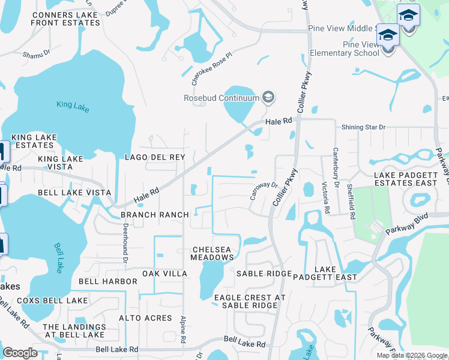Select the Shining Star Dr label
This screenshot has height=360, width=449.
363,127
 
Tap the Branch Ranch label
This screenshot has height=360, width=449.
155,215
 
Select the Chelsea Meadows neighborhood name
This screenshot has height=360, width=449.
212,253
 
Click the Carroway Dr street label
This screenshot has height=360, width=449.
264,191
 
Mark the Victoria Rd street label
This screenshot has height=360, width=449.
326,198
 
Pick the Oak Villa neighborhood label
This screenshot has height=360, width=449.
164,274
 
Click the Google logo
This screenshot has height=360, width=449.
20,353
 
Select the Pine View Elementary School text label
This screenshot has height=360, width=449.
345,49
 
